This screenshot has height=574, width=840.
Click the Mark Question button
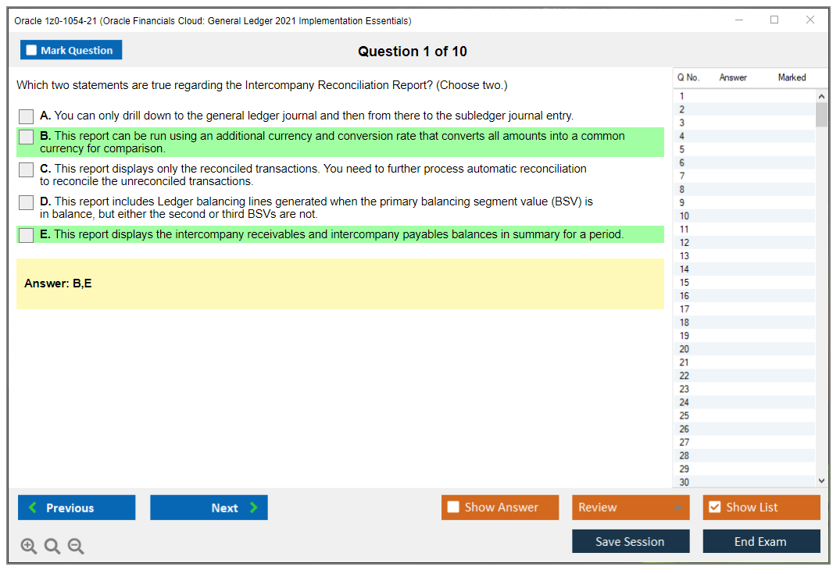pyautogui.click(x=71, y=50)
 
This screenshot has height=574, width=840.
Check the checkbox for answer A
pyautogui.click(x=27, y=116)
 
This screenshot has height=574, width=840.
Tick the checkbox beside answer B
pyautogui.click(x=27, y=137)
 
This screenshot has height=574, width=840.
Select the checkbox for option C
pyautogui.click(x=27, y=169)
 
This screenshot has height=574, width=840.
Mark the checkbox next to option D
pyautogui.click(x=27, y=202)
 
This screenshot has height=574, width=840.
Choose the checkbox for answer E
pyautogui.click(x=27, y=235)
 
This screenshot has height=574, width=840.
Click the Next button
pyautogui.click(x=209, y=508)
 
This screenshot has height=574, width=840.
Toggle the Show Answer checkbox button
pyautogui.click(x=500, y=508)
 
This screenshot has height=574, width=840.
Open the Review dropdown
pyautogui.click(x=631, y=508)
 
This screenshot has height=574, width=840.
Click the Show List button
pyautogui.click(x=761, y=508)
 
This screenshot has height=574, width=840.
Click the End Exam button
pyautogui.click(x=761, y=541)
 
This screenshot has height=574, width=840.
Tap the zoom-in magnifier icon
pyautogui.click(x=29, y=546)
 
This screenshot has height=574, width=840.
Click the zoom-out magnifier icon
pyautogui.click(x=76, y=546)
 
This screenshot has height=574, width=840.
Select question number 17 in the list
pyautogui.click(x=684, y=309)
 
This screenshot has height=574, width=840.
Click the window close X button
pyautogui.click(x=810, y=20)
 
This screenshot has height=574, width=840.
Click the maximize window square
pyautogui.click(x=774, y=20)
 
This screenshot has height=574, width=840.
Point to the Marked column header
pyautogui.click(x=792, y=77)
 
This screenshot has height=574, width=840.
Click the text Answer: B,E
pyautogui.click(x=58, y=283)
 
